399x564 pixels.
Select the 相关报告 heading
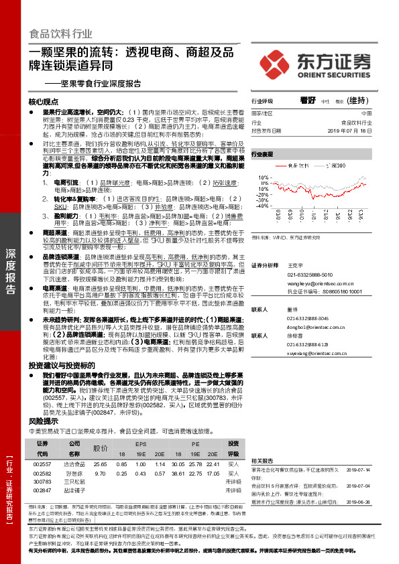pyautogui.click(x=262, y=462)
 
